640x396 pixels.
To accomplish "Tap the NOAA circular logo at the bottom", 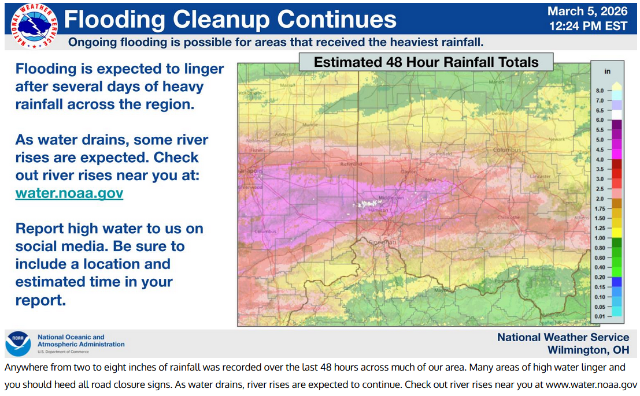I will pos(18,343).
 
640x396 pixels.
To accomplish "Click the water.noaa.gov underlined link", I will pos(69,193).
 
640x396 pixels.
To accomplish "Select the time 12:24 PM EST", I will pos(587,26).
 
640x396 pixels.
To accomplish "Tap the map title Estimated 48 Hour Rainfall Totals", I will pos(426,62).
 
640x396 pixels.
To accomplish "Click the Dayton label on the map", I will pos(408,171).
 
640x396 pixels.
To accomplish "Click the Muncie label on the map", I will pos(310,124).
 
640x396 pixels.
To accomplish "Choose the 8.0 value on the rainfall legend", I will pos(600,91).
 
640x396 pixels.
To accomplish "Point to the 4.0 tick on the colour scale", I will pos(600,159).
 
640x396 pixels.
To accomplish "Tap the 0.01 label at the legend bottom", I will pos(600,317).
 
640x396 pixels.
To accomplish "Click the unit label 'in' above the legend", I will pos(608,71).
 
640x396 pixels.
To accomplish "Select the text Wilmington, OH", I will pos(588,350).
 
